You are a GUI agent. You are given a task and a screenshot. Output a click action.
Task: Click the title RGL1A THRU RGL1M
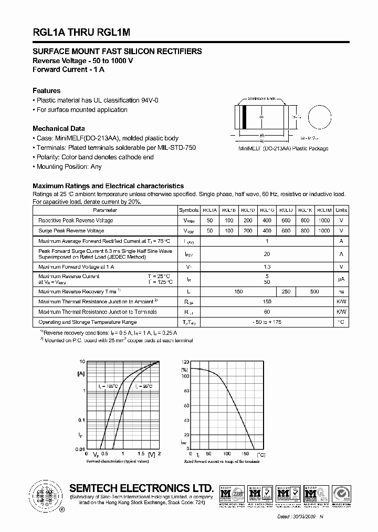pyautogui.click(x=81, y=32)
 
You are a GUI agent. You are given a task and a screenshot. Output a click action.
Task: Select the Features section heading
pyautogui.click(x=46, y=91)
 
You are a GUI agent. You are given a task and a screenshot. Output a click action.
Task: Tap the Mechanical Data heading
pyautogui.click(x=58, y=129)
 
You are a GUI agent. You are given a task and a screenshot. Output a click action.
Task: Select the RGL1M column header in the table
pyautogui.click(x=324, y=210)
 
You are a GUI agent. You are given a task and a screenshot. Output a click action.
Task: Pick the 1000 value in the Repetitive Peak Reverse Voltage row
pyautogui.click(x=324, y=220)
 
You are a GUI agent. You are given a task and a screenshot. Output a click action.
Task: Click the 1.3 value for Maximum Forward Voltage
pyautogui.click(x=267, y=267)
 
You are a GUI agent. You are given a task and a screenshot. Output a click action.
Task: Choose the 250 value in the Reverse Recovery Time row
pyautogui.click(x=286, y=291)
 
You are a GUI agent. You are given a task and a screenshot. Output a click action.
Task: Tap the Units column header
pyautogui.click(x=341, y=210)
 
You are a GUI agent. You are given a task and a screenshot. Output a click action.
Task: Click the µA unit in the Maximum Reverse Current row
pyautogui.click(x=341, y=279)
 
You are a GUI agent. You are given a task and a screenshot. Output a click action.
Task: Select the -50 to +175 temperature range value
pyautogui.click(x=267, y=322)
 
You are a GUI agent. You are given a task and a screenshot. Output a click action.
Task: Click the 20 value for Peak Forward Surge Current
pyautogui.click(x=267, y=254)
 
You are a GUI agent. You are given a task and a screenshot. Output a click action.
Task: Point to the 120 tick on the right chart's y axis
pyautogui.click(x=185, y=363)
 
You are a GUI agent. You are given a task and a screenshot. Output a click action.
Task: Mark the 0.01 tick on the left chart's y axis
pyautogui.click(x=79, y=449)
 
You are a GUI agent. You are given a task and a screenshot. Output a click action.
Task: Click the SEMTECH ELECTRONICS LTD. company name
pyautogui.click(x=142, y=488)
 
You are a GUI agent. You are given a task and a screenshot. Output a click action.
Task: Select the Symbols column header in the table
pyautogui.click(x=189, y=210)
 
